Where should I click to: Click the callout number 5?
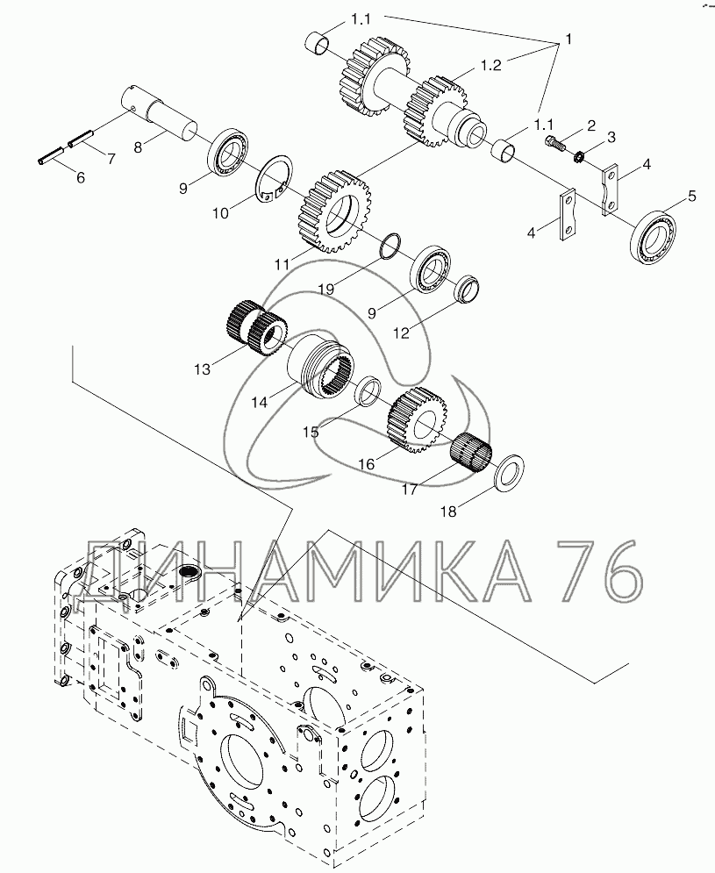pyautogui.click(x=691, y=196)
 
